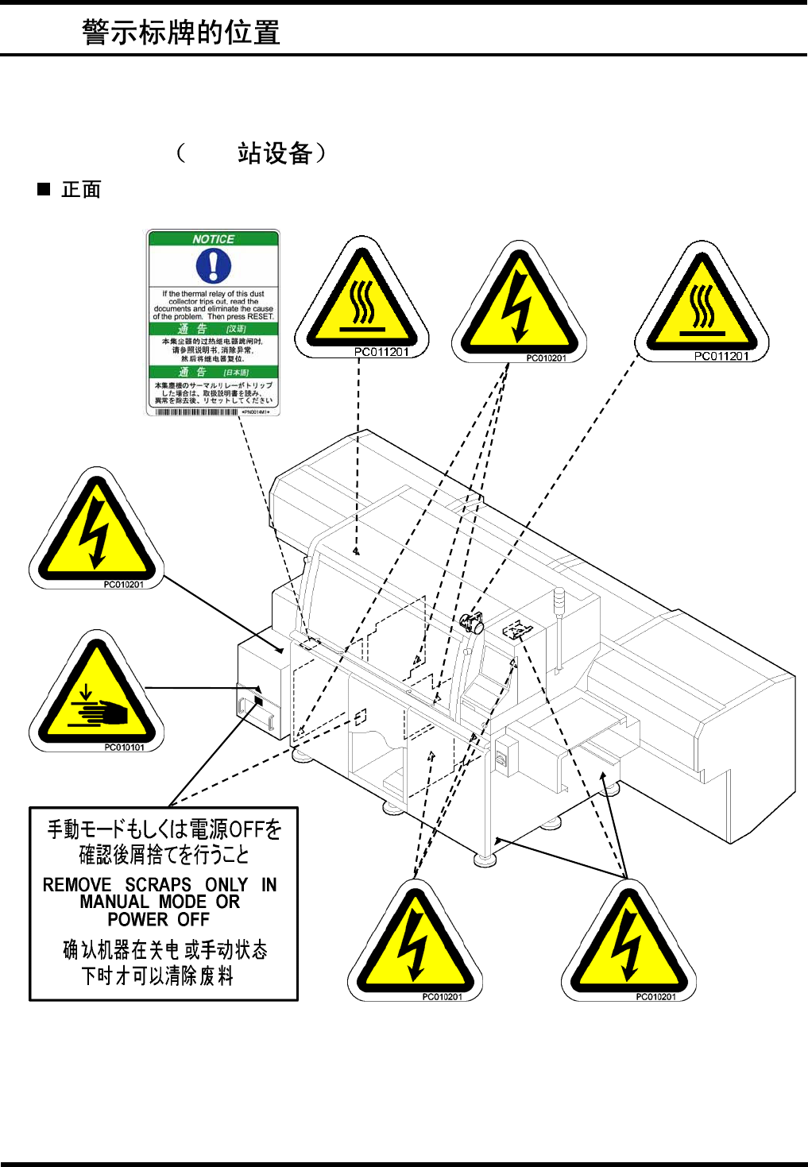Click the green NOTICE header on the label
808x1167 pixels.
pos(213,238)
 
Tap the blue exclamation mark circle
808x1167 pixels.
pos(213,265)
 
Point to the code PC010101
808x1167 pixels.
pos(125,747)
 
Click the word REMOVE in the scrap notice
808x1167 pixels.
pos(77,885)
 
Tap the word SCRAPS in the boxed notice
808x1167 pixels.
pos(158,885)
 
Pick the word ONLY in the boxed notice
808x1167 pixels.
pos(226,885)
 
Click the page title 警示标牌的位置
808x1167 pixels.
pos(181,33)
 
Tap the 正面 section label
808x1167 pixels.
pos(81,190)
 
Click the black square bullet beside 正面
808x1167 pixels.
pos(44,189)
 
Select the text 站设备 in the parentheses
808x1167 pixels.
pos(274,153)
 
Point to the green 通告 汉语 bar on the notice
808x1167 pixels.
pos(213,329)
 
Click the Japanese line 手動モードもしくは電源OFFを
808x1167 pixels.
pos(164,829)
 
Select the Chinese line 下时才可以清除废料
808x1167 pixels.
pos(158,976)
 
